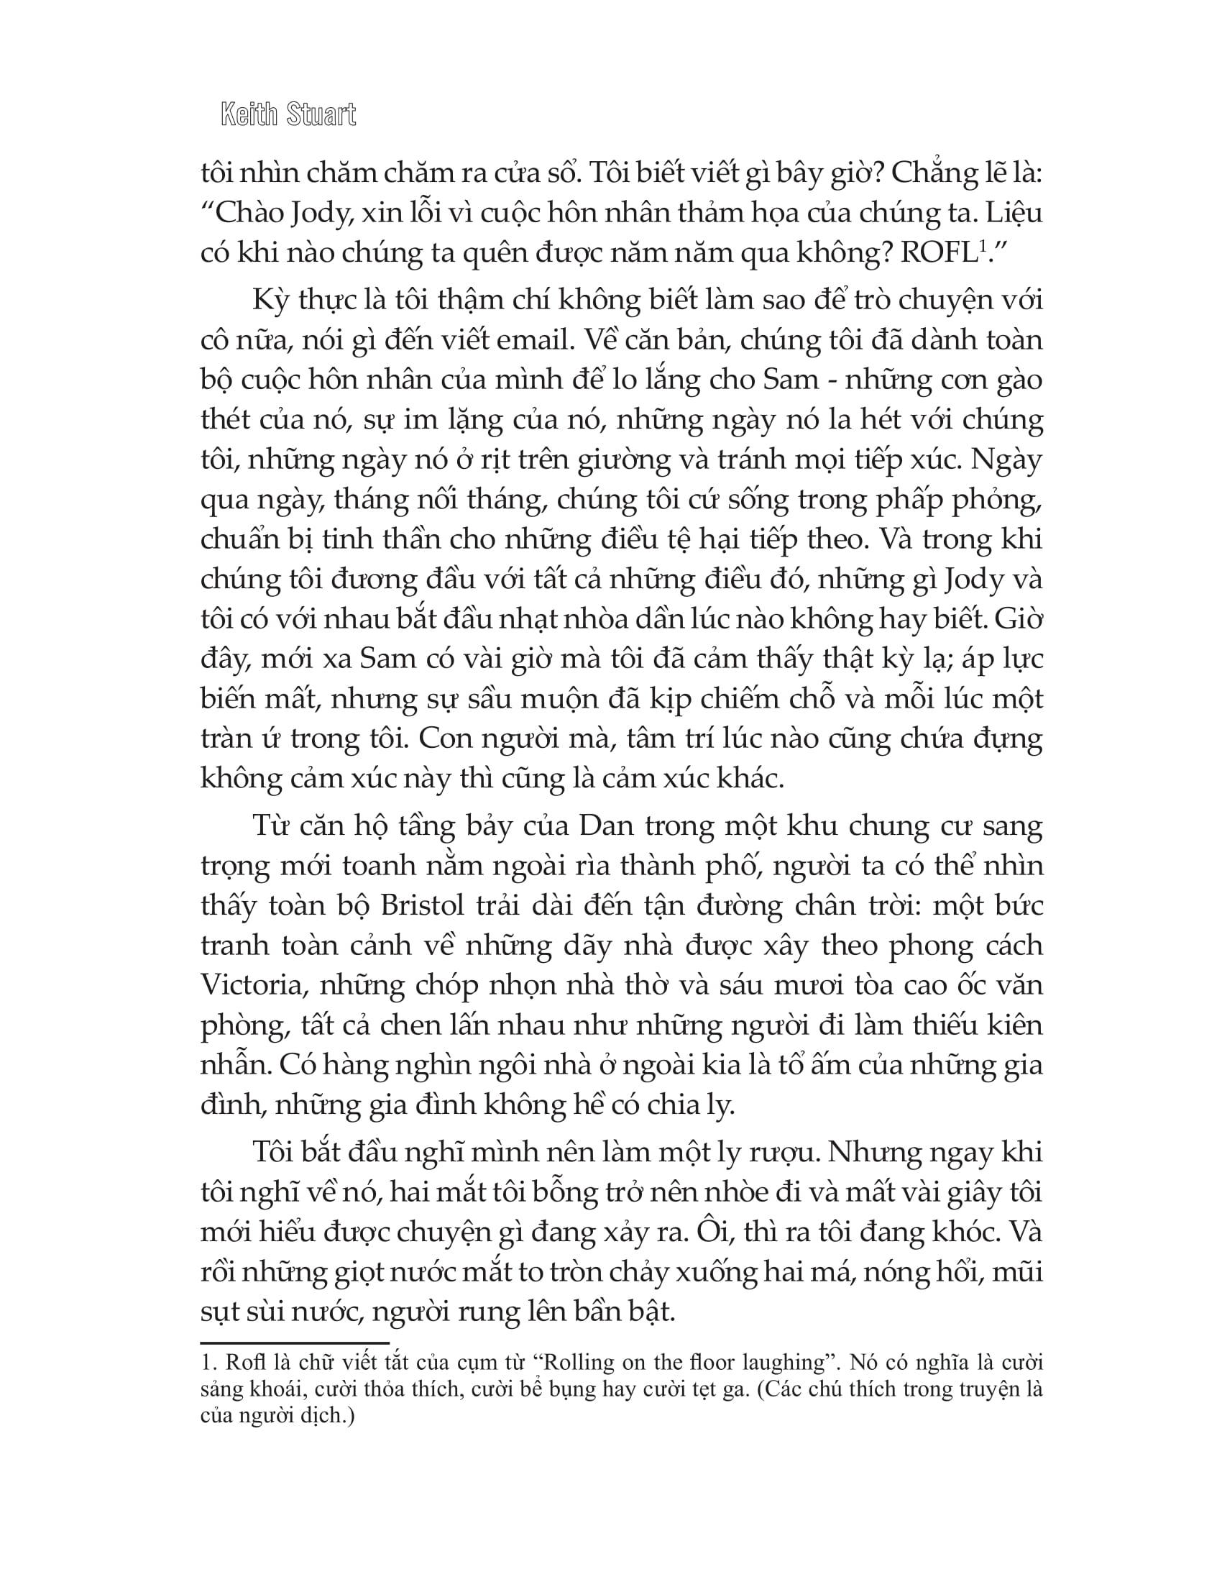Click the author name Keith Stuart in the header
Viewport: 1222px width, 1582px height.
(288, 115)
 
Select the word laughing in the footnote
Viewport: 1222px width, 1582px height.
(791, 1363)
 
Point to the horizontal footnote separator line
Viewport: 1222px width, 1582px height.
(295, 1342)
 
